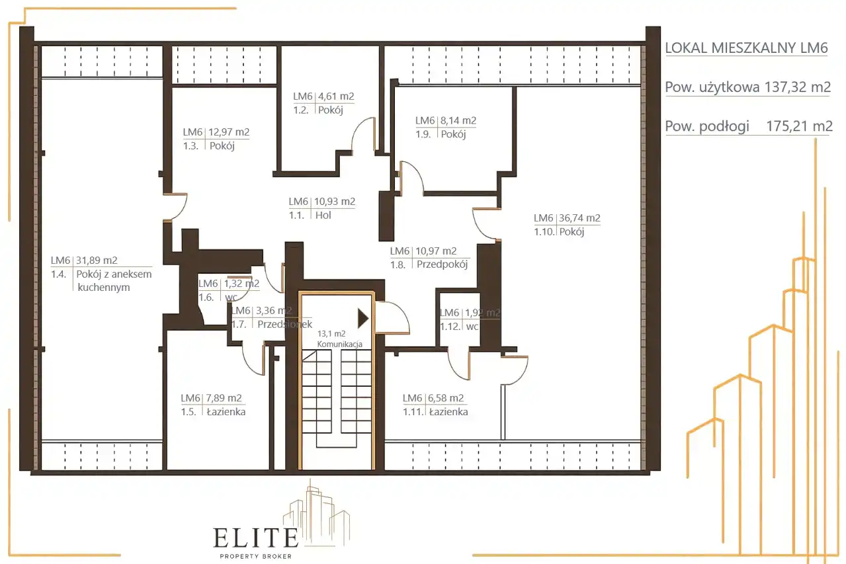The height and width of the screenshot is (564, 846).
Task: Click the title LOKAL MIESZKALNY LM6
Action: click(746, 48)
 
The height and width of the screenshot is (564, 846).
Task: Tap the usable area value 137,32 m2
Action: click(798, 87)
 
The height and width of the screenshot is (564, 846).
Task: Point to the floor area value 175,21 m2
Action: click(800, 126)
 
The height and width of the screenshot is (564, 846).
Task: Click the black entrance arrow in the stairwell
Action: click(363, 318)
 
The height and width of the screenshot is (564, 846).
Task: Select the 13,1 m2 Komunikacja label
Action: click(339, 339)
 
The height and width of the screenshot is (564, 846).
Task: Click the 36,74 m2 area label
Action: click(579, 218)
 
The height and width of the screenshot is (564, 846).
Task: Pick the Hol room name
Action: click(323, 215)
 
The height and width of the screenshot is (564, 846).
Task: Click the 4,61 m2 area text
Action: click(336, 97)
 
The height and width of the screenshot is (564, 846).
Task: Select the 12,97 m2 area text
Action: click(229, 132)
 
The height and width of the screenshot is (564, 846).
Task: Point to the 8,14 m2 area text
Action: click(458, 120)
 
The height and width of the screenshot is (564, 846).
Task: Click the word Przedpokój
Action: click(442, 264)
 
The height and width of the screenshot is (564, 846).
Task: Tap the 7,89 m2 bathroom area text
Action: click(224, 398)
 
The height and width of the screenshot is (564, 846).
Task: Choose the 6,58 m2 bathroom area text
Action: click(446, 398)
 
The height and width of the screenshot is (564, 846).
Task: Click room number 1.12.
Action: click(450, 326)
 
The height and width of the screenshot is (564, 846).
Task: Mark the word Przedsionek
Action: click(285, 324)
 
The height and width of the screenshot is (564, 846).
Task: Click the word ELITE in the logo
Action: click(256, 538)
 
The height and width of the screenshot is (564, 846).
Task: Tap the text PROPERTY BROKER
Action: click(256, 556)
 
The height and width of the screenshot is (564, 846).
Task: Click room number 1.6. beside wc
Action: click(206, 297)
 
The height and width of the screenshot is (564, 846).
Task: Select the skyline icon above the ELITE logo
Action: click(316, 512)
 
